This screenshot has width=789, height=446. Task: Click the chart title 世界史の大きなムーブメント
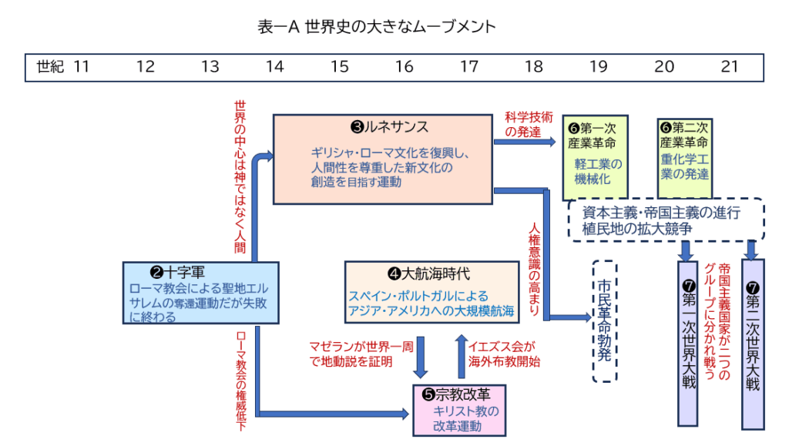[x=377, y=27]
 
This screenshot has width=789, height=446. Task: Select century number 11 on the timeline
[x=82, y=67]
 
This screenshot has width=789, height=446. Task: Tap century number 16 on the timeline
[x=405, y=67]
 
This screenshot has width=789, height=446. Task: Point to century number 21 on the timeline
[x=729, y=67]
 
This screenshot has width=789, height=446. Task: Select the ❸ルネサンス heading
[x=384, y=126]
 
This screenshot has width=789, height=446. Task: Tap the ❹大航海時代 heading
[x=428, y=273]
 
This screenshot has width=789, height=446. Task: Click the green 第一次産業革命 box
[x=596, y=156]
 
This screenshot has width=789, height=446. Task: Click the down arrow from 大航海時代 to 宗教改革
[x=421, y=355]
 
